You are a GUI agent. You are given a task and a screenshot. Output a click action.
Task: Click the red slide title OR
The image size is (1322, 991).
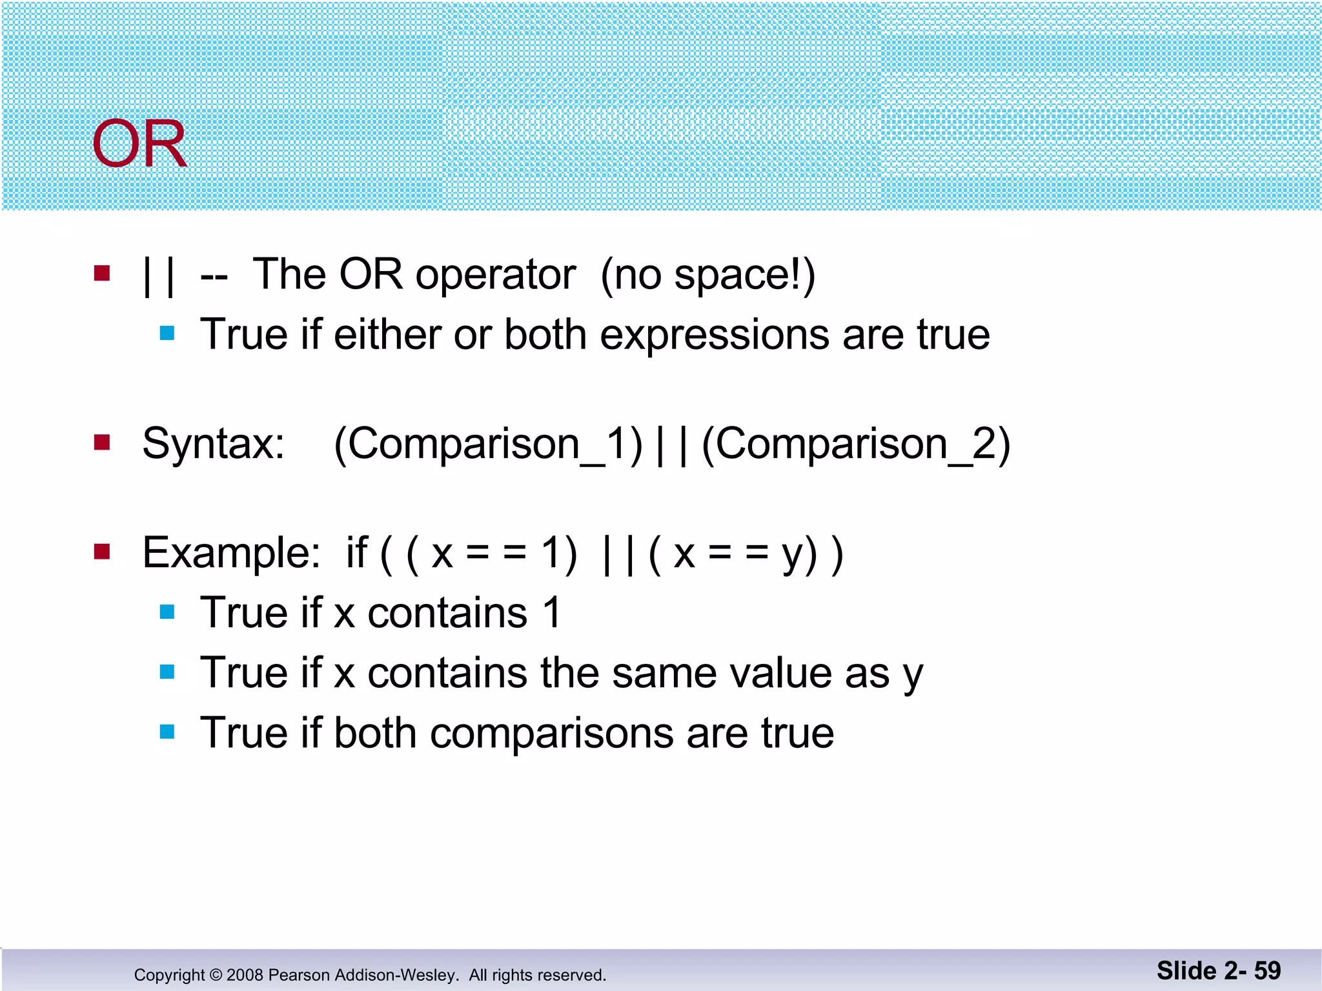coord(139,145)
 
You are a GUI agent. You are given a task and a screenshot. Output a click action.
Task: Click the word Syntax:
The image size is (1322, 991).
coord(213,444)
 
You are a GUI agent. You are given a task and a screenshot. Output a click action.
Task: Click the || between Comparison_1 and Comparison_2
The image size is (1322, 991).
coord(671,444)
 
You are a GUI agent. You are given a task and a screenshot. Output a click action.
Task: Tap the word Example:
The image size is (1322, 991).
coord(231,554)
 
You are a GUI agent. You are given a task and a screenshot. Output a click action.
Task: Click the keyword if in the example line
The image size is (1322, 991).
coord(356,552)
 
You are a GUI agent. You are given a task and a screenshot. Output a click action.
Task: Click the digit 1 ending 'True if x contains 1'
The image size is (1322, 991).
coord(553,612)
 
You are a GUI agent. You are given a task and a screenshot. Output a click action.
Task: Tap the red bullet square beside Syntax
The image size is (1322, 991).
coord(102,443)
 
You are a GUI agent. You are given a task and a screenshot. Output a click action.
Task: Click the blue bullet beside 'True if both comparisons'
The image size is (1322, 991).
coord(167,732)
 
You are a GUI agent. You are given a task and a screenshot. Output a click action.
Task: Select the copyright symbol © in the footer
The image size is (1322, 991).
coord(216,975)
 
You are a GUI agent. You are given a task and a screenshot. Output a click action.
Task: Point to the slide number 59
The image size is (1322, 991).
coord(1267,970)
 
